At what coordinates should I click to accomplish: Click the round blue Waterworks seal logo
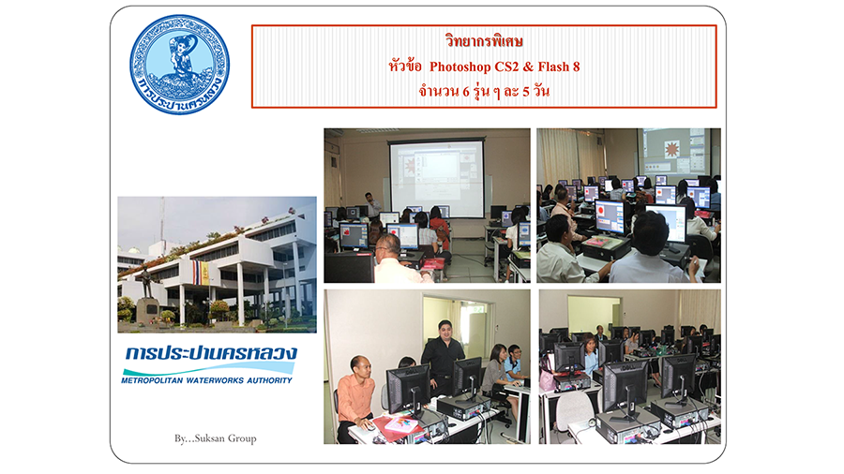pyautogui.click(x=180, y=65)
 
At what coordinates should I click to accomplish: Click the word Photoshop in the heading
pyautogui.click(x=460, y=67)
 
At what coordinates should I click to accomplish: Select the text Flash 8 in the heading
pyautogui.click(x=559, y=67)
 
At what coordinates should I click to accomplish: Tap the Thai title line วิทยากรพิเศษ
pyautogui.click(x=484, y=41)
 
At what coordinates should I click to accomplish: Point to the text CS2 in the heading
pyautogui.click(x=506, y=67)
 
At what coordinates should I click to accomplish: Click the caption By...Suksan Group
pyautogui.click(x=216, y=438)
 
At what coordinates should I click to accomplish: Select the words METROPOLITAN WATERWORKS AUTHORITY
pyautogui.click(x=206, y=380)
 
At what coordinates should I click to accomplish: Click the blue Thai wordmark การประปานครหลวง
pyautogui.click(x=210, y=353)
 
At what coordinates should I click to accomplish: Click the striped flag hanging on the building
pyautogui.click(x=202, y=273)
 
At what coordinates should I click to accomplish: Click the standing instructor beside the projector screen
pyautogui.click(x=371, y=205)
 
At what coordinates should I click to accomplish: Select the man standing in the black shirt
pyautogui.click(x=443, y=358)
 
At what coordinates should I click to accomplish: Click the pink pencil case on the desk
pyautogui.click(x=401, y=424)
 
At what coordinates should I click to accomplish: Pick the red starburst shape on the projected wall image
pyautogui.click(x=671, y=149)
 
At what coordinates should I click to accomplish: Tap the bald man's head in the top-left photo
pyautogui.click(x=388, y=246)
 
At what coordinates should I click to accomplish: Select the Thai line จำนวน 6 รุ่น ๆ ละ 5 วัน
pyautogui.click(x=484, y=91)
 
